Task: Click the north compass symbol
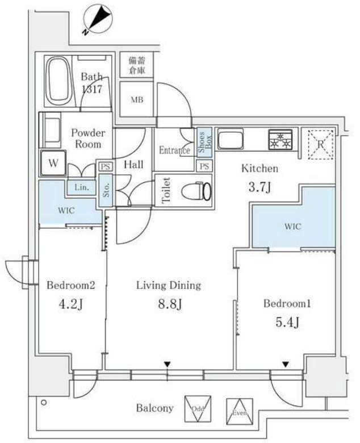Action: (98, 20)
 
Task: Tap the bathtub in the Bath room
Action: (60, 81)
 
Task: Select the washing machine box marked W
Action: (53, 163)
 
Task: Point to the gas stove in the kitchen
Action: (280, 140)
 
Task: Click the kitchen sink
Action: (231, 139)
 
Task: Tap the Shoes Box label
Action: (204, 142)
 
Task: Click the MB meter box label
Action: (137, 100)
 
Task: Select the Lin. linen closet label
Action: (82, 187)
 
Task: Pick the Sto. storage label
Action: (106, 190)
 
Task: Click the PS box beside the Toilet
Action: (204, 166)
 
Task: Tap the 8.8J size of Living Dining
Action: (169, 304)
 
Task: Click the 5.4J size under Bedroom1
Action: (287, 323)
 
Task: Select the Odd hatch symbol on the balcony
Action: (198, 408)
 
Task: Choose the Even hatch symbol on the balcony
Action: (240, 412)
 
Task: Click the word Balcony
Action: (154, 408)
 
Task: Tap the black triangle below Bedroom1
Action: (286, 365)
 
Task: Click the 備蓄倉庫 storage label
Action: (137, 65)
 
